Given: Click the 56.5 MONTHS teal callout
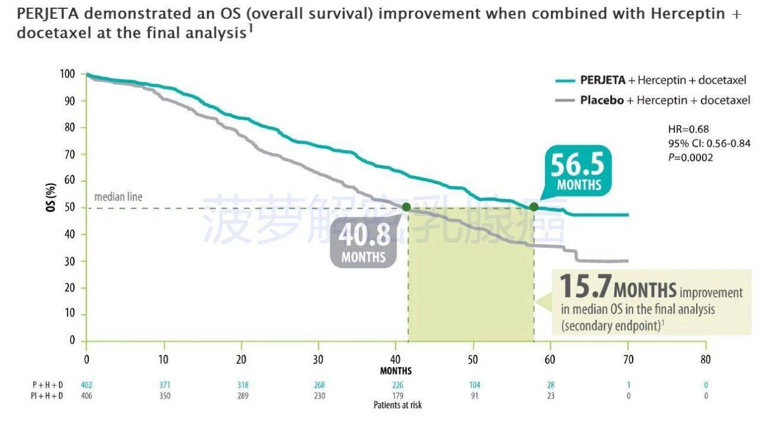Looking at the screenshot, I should tap(578, 172).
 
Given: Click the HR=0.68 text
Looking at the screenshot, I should tap(688, 129).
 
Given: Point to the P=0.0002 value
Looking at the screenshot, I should tap(690, 157).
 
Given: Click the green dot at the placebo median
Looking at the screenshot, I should tap(406, 207).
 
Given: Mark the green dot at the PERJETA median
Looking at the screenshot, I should tap(534, 207).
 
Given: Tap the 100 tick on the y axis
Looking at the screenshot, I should tap(67, 74).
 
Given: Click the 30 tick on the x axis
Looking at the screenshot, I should tap(318, 359).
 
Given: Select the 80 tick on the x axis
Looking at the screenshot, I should tap(706, 359).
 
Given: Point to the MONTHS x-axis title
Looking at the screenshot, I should tap(396, 371).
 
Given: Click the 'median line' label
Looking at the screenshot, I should tap(119, 197).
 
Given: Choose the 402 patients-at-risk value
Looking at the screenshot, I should tap(87, 385).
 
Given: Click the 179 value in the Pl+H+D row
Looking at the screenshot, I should tap(397, 395).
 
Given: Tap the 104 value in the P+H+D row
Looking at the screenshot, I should tap(474, 385).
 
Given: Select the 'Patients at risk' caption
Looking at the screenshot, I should tap(397, 405).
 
